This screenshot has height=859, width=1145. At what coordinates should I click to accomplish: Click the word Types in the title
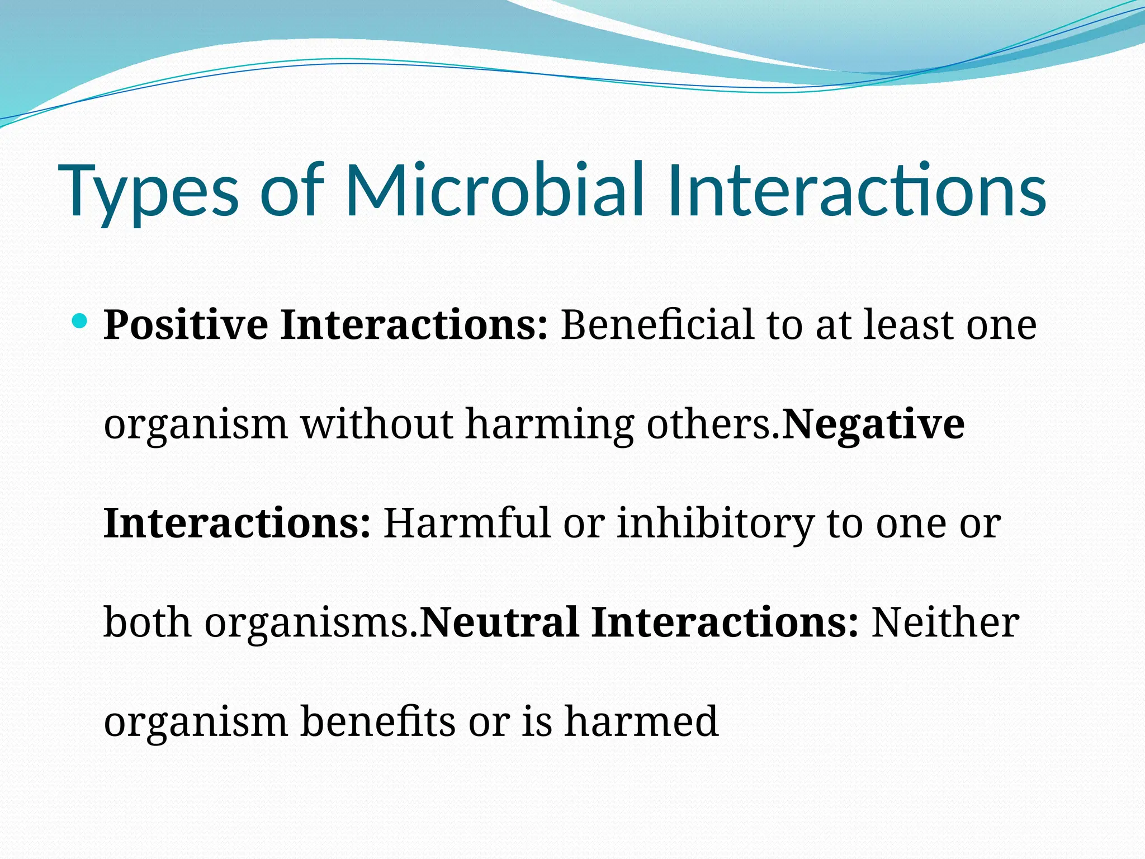coord(151,190)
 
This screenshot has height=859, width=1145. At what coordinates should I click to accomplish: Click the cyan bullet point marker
coord(81,321)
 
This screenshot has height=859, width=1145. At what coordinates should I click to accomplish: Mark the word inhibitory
coord(715,524)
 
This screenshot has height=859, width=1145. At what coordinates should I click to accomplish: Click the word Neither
coord(945,622)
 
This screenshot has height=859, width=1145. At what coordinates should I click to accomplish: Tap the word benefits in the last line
coord(378,721)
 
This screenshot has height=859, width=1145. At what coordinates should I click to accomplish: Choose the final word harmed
coord(641,721)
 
